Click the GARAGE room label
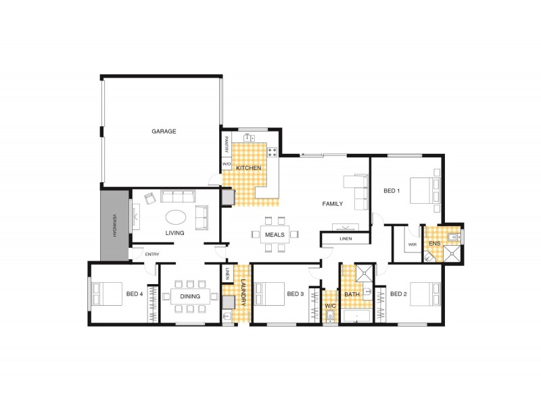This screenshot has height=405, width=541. pos(164,131)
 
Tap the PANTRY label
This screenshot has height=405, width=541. pos(227,144)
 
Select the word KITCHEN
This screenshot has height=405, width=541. pos(248,168)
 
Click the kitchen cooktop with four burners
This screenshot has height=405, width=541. pos(273,152)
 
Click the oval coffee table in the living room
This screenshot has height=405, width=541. pos(176,217)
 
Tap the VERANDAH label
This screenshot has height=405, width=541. pos(115,226)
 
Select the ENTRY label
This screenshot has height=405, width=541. pos(152,254)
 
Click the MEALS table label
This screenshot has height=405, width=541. pos(275,235)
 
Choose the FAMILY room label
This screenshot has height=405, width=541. pos(333,204)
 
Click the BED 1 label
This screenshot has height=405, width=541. pos(392,191)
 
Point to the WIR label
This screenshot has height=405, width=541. pos(413,244)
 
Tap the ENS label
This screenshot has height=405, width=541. pos(435,244)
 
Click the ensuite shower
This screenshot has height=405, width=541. pos(452,254)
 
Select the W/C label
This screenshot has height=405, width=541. pos(330,306)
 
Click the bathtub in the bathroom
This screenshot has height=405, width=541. pos(356,316)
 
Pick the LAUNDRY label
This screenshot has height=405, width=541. pos(243,292)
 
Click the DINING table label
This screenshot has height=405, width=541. pos(190,296)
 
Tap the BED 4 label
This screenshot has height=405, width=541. pos(135,294)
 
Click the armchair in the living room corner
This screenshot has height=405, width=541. pos(150,198)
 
